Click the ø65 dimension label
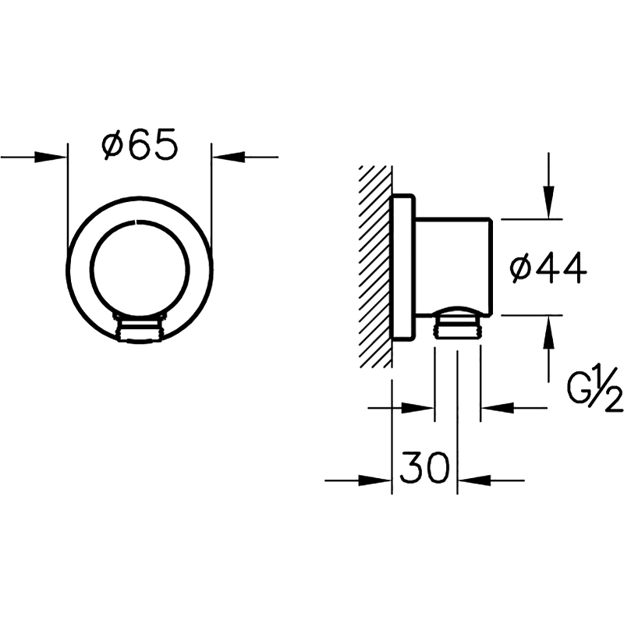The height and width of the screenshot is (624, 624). coord(140,144)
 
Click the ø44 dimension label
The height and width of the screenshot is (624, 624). coord(548,268)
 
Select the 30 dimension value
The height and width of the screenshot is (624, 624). coord(424,466)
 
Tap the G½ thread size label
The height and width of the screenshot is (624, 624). coord(594,389)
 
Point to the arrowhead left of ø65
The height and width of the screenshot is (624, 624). coord(51,158)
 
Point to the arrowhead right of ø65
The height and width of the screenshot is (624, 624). coord(229,158)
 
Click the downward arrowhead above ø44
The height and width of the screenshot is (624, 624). coord(549,202)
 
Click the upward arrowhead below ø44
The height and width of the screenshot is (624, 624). coord(549,332)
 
